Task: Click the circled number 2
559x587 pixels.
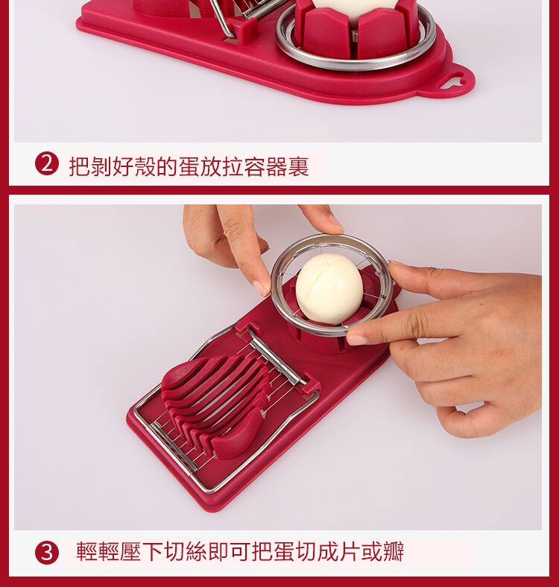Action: point(47,163)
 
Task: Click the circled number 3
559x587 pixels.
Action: point(47,552)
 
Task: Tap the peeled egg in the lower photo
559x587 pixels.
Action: point(329,289)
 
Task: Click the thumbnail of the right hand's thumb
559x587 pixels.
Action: point(356,339)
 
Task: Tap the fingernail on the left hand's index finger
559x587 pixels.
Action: point(261,287)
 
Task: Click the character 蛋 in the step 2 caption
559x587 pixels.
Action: point(189,166)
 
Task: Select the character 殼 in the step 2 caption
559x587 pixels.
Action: point(145,166)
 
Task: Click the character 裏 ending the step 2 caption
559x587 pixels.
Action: point(298,166)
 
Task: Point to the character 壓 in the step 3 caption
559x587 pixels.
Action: point(130,551)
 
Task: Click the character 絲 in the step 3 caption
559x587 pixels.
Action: point(196,551)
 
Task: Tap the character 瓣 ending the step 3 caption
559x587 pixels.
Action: point(394,551)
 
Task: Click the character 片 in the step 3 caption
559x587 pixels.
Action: point(350,551)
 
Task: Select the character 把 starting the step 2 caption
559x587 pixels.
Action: point(79,166)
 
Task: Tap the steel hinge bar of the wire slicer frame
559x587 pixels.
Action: point(276,359)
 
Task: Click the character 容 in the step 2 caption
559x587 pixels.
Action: point(254,166)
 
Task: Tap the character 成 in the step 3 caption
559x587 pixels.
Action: point(328,551)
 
